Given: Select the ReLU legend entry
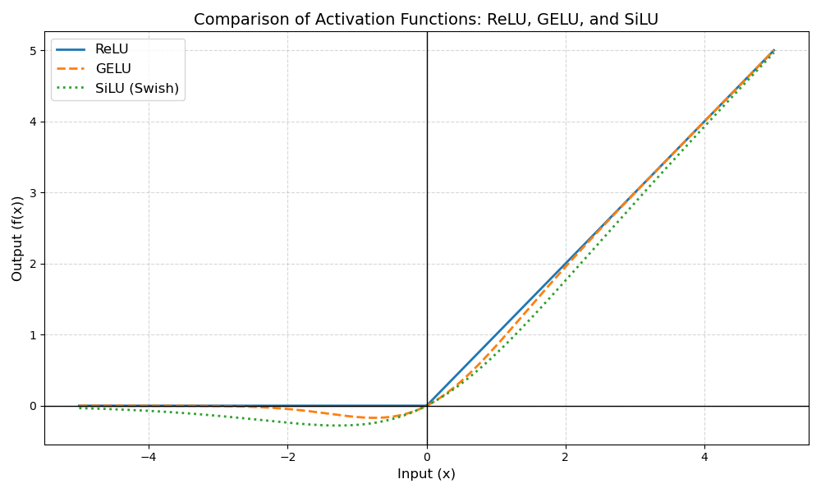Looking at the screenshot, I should [112, 49].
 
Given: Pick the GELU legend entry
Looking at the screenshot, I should [113, 69].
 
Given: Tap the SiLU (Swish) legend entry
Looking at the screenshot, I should [136, 89].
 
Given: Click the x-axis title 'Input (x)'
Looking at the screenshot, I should [426, 474].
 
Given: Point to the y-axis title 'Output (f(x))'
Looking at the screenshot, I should [17, 238].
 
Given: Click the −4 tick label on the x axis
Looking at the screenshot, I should [149, 456].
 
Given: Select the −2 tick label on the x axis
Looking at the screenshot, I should [287, 456].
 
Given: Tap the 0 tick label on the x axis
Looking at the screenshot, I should [427, 456].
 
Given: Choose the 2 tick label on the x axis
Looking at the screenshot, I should [566, 456].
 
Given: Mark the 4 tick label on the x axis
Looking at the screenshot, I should [704, 456].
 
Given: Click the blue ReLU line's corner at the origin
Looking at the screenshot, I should [427, 406].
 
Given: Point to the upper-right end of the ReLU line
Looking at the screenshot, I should [774, 50].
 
